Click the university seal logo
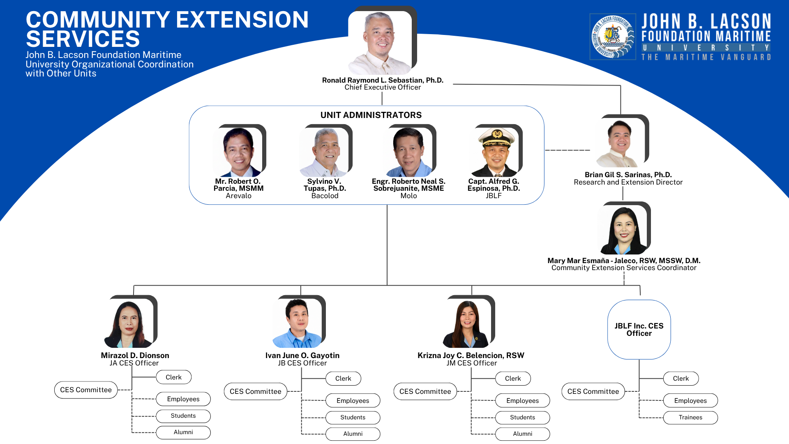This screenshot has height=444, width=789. (612, 37)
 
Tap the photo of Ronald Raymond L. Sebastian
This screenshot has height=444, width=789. (380, 43)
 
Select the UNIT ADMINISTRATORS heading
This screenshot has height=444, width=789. (371, 115)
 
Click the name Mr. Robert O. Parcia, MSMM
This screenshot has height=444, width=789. (238, 185)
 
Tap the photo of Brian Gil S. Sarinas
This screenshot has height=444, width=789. (620, 143)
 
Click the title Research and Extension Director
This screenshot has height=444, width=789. (628, 182)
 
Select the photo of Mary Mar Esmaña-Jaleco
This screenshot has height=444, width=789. (622, 230)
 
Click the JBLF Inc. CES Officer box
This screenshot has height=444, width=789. (639, 330)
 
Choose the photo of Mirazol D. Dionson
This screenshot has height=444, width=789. (129, 323)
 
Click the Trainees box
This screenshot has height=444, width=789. (690, 417)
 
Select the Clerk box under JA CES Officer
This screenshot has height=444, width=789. (173, 377)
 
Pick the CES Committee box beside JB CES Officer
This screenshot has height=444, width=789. (255, 391)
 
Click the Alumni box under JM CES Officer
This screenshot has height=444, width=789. (522, 434)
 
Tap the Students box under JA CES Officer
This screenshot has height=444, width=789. (183, 416)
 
